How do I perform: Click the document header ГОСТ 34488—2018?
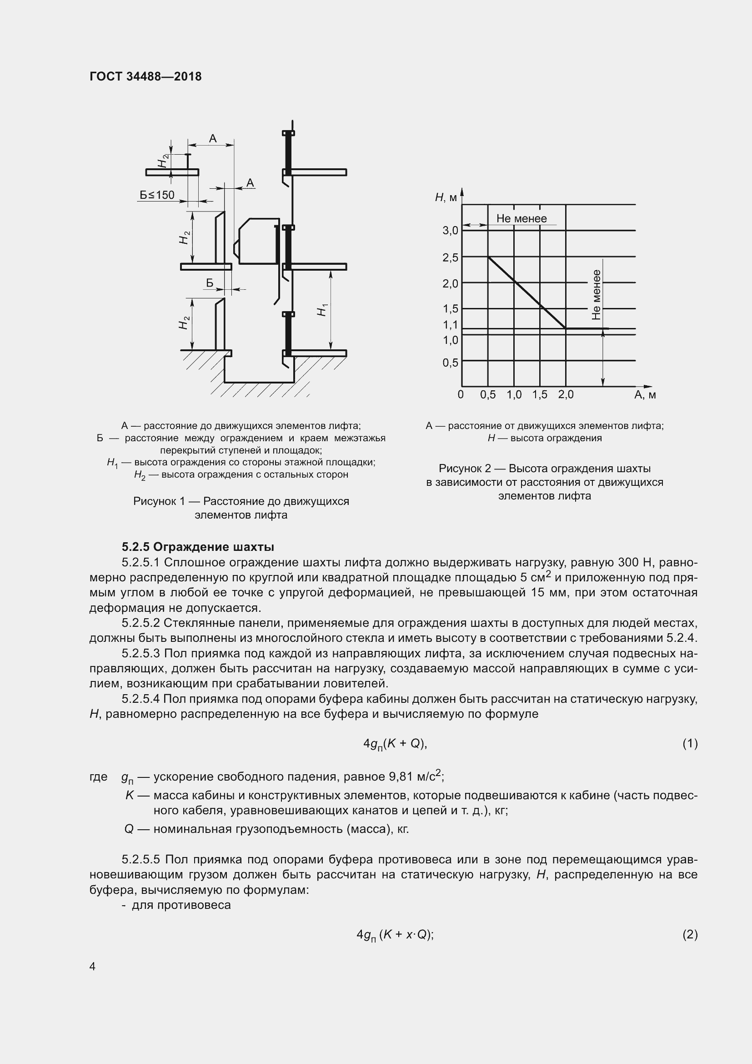click(145, 76)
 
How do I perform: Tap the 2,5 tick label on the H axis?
click(450, 257)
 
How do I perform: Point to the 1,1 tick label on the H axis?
click(450, 325)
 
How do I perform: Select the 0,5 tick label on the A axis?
click(487, 395)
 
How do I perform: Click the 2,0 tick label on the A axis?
click(566, 395)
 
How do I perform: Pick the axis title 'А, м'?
click(645, 395)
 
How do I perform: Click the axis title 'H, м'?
click(446, 198)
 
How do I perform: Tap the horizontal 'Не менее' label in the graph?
click(521, 219)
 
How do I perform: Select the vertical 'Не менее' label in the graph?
click(597, 295)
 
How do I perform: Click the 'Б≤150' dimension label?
click(157, 195)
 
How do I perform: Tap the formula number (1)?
click(690, 744)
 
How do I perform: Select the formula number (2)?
click(690, 935)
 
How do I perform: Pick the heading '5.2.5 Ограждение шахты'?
click(198, 547)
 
